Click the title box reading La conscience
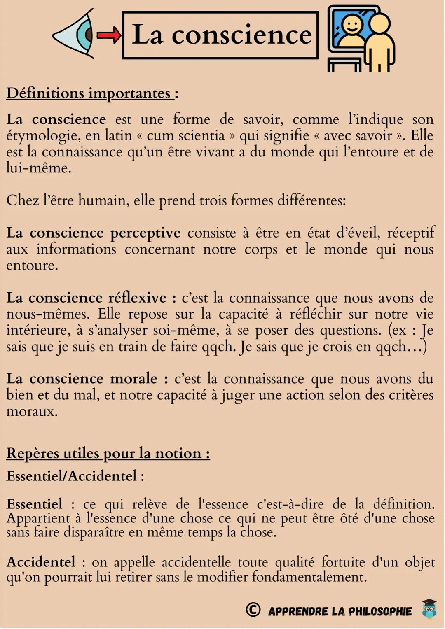[x=221, y=35]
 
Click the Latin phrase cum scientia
[x=186, y=135]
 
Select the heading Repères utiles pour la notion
[x=108, y=453]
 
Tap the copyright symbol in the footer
[x=253, y=610]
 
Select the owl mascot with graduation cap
[x=429, y=608]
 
